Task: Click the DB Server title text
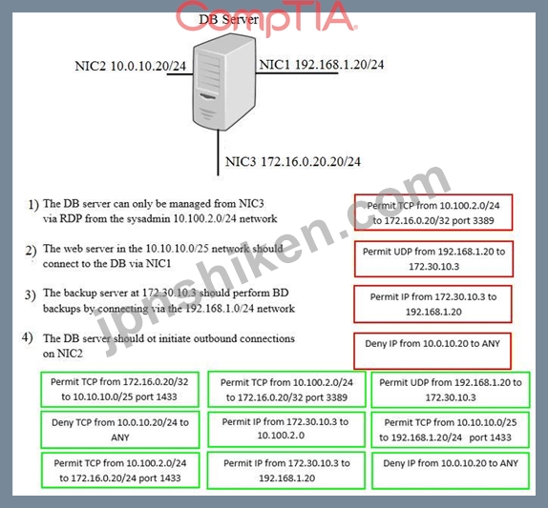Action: point(228,19)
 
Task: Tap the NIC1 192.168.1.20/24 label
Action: point(322,65)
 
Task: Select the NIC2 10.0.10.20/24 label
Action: point(131,66)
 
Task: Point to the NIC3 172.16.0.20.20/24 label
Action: point(293,161)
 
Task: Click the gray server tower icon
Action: point(224,82)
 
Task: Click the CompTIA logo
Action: point(266,17)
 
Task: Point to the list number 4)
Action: point(28,337)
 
